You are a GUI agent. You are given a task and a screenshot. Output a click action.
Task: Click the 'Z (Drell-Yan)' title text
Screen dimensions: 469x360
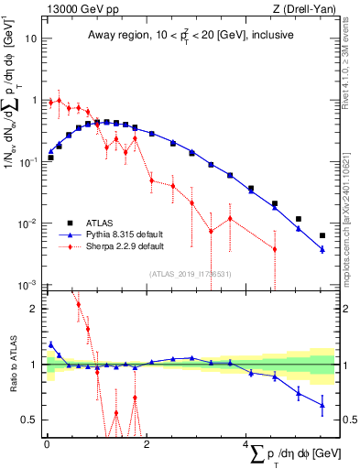303,9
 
